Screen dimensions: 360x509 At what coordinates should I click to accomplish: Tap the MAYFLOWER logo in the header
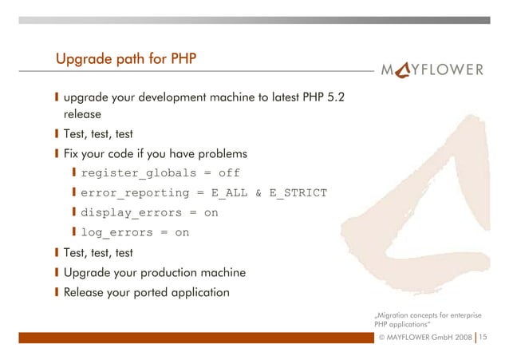[x=436, y=69]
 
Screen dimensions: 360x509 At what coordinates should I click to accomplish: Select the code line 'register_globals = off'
[x=160, y=172]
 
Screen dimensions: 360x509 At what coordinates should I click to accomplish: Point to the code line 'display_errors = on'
[x=149, y=213]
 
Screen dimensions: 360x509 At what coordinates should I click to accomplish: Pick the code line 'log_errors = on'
[x=135, y=233]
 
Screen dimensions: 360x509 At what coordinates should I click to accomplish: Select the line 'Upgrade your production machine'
[x=154, y=273]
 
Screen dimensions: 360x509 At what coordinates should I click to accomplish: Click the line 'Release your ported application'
[x=146, y=292]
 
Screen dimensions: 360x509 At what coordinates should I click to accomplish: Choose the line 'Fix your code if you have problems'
[x=156, y=152]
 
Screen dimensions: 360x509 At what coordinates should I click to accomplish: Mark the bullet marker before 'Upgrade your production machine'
[x=57, y=273]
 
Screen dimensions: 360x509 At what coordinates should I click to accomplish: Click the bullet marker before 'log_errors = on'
[x=74, y=233]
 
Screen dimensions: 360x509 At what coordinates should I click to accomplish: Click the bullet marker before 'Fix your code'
[x=57, y=152]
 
